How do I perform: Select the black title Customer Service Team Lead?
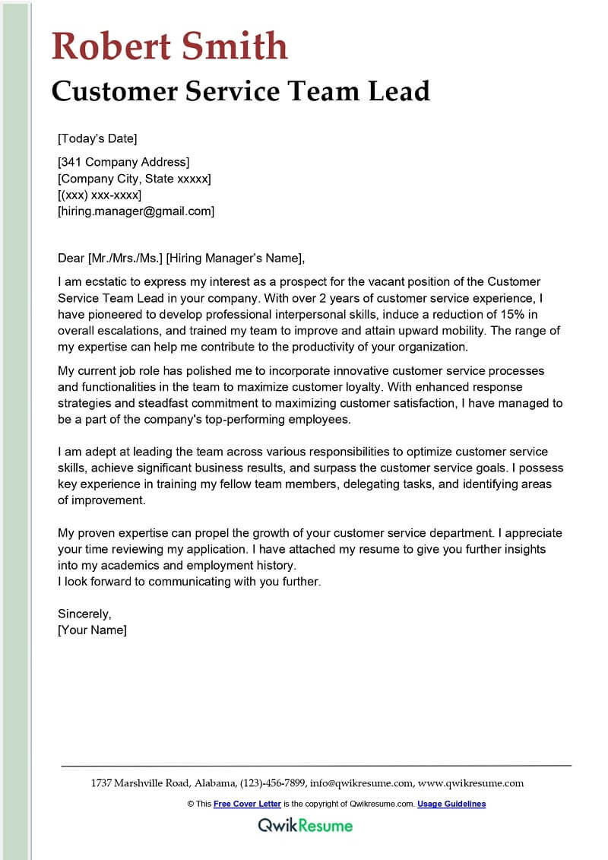(x=241, y=91)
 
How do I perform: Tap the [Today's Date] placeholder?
(x=97, y=138)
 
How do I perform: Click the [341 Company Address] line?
(x=123, y=162)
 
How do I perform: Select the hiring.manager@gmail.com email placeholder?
(x=136, y=211)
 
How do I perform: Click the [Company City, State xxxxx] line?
(x=135, y=179)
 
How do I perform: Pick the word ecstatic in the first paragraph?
(x=104, y=281)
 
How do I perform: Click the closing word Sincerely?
(x=84, y=614)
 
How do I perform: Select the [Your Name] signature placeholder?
(x=92, y=630)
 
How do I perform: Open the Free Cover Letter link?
(x=247, y=804)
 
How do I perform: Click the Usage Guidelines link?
(x=451, y=804)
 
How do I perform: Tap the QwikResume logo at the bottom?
(x=305, y=825)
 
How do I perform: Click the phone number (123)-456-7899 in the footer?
(x=273, y=783)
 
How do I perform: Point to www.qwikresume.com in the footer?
(x=471, y=783)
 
